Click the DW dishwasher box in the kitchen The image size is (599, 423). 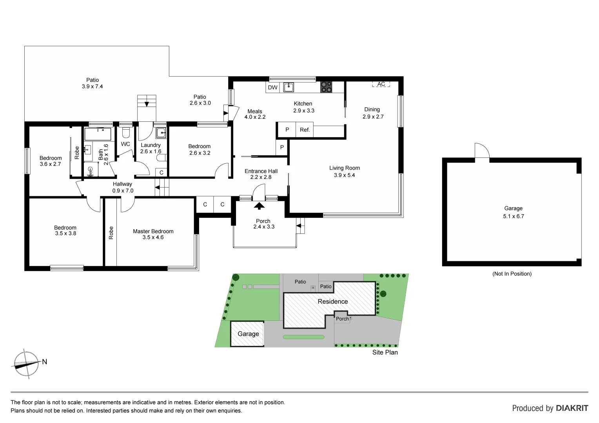click(x=272, y=87)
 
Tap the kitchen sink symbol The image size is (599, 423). click(x=289, y=87)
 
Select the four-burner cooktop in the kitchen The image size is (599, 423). click(x=326, y=87)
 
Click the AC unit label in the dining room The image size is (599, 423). click(x=381, y=84)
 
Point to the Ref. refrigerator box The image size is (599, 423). click(x=305, y=130)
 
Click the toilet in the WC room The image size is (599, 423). click(x=125, y=130)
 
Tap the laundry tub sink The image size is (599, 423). click(x=161, y=134)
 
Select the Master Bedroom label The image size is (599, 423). click(x=153, y=231)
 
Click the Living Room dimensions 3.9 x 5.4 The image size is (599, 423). click(x=344, y=175)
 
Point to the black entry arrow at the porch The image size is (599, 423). click(x=260, y=206)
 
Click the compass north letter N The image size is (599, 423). click(x=45, y=362)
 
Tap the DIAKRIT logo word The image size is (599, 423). click(x=572, y=408)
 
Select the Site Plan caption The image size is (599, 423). click(x=385, y=352)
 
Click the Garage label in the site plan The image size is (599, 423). click(x=248, y=334)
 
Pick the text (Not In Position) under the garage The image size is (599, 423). click(x=512, y=274)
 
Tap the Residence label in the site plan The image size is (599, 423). click(x=332, y=302)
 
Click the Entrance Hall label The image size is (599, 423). click(x=261, y=171)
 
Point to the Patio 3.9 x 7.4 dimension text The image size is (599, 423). click(x=93, y=87)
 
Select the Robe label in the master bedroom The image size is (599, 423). click(x=111, y=233)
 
